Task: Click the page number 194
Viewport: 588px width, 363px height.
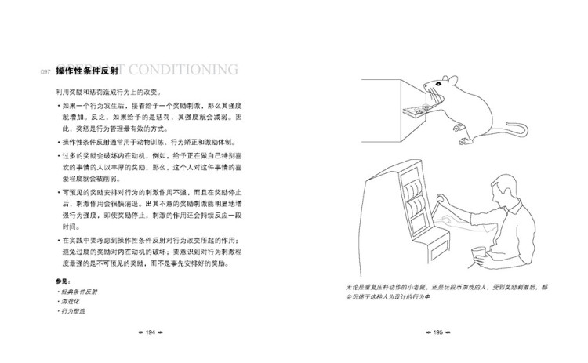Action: [149, 332]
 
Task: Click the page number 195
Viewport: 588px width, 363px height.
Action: [439, 332]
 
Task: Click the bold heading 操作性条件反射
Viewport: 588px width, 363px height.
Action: [88, 71]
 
